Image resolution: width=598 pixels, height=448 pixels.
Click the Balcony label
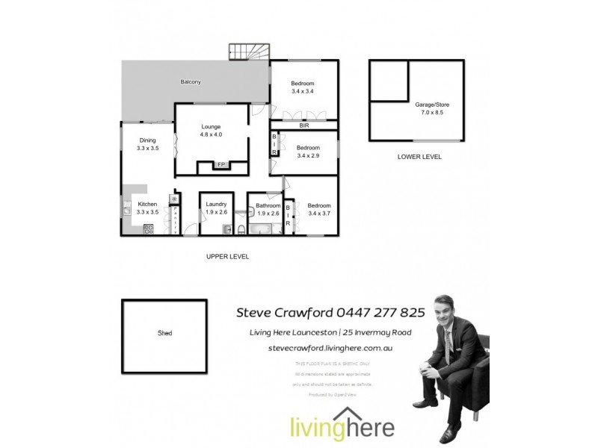click(191, 81)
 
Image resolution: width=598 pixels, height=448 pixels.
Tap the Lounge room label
click(211, 127)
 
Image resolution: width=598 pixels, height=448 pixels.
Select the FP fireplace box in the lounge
click(221, 164)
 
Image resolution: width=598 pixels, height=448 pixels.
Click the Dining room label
click(147, 140)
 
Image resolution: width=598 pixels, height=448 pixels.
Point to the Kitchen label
click(147, 204)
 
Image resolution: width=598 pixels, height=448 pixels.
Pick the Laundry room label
click(216, 205)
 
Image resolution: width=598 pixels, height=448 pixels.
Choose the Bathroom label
click(268, 205)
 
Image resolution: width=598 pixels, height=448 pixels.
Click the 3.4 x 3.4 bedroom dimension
click(303, 91)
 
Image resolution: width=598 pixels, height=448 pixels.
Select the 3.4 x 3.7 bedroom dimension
click(318, 214)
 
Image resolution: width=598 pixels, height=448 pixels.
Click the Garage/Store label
click(433, 105)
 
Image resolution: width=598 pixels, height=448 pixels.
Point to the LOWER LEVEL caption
click(419, 158)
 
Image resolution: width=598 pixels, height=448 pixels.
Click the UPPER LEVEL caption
click(227, 256)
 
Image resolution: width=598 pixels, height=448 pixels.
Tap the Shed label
click(164, 333)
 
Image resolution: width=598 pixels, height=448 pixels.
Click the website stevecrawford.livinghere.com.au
click(330, 348)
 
